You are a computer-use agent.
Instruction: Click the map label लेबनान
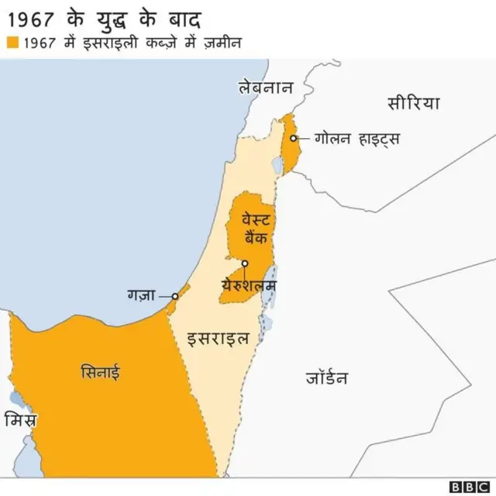pos(266,88)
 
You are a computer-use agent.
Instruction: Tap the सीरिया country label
pos(413,102)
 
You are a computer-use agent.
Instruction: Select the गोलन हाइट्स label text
pos(357,139)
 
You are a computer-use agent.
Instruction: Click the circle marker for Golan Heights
pos(294,139)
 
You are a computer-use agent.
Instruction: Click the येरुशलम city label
pos(248,285)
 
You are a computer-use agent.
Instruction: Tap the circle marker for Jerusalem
pos(245,263)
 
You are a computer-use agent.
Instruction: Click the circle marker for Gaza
pos(175,295)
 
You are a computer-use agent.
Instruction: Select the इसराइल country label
pos(219,338)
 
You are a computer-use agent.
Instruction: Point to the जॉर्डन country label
pos(326,378)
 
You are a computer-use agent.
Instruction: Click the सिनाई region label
pos(101,372)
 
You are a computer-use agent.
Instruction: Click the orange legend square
pos(12,43)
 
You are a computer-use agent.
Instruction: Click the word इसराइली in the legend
pos(109,43)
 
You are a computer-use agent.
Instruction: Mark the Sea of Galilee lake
pos(277,164)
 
